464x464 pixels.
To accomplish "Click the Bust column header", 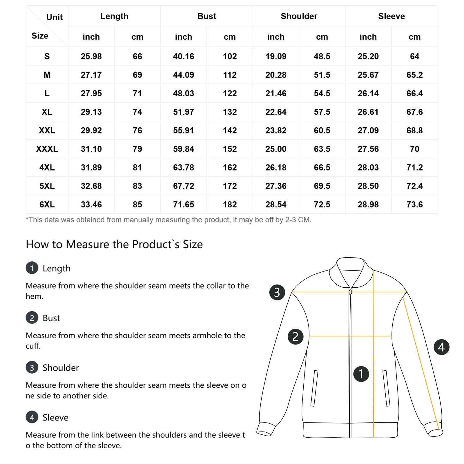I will click(x=206, y=16).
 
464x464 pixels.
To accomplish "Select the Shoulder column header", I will click(x=299, y=16).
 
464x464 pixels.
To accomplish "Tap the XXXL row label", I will click(x=47, y=149).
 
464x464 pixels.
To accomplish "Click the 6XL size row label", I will click(x=47, y=204).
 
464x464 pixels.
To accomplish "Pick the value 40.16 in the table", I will click(x=183, y=56).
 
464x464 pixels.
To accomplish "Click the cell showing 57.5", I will click(x=322, y=112).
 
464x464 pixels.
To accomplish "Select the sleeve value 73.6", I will click(x=414, y=204).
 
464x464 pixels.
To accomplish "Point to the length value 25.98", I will click(x=91, y=56).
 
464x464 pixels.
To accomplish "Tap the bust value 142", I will click(x=230, y=130).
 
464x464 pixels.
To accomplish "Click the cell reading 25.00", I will click(x=276, y=149).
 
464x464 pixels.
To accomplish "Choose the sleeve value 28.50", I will click(x=368, y=186).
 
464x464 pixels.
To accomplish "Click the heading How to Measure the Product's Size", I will click(x=114, y=244).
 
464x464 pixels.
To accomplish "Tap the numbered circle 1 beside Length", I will click(x=32, y=268).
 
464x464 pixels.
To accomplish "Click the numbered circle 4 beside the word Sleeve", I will click(x=32, y=417).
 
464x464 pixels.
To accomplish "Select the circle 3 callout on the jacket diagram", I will click(x=277, y=292).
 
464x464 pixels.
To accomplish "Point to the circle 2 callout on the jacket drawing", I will click(x=295, y=337).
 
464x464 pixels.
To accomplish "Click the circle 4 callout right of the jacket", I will click(x=441, y=347).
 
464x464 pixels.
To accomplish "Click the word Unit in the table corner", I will click(x=55, y=17).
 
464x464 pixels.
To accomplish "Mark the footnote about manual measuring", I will click(x=168, y=220).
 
